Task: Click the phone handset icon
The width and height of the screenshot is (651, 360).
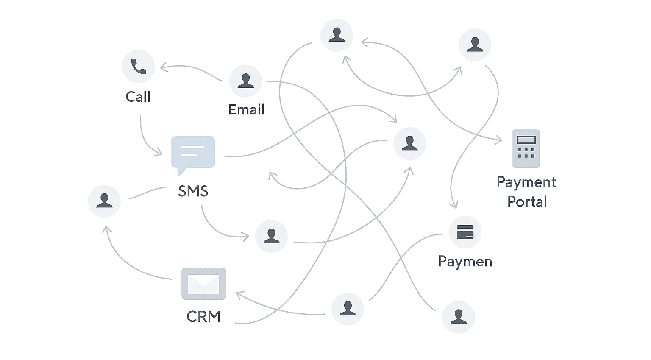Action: (x=138, y=66)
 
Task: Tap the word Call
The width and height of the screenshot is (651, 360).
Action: (x=138, y=97)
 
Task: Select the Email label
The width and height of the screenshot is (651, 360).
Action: (x=246, y=110)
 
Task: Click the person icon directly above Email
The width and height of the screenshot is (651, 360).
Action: (x=245, y=81)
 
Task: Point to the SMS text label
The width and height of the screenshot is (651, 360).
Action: (x=193, y=191)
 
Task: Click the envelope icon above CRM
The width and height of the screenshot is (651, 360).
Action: (x=204, y=284)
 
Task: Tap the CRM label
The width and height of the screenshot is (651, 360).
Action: (x=203, y=316)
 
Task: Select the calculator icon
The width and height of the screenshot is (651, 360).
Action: (x=526, y=148)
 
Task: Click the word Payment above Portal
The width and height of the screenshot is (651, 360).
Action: (x=526, y=182)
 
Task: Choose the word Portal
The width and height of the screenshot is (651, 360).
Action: (x=527, y=202)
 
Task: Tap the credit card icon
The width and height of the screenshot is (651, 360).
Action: (x=465, y=232)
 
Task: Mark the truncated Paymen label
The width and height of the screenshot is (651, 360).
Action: (x=465, y=262)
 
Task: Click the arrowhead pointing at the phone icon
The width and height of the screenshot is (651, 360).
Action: (x=162, y=67)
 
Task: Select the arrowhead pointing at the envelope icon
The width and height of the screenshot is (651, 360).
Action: (x=239, y=294)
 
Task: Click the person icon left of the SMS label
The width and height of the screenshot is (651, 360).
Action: (x=104, y=201)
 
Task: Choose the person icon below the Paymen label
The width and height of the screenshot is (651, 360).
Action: (x=458, y=317)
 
